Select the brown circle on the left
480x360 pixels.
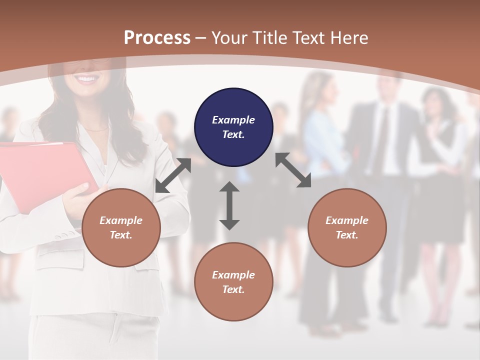coord(121,227)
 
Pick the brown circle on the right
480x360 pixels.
coord(347,227)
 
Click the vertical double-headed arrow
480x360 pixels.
coord(229,205)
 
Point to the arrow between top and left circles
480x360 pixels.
coord(173,175)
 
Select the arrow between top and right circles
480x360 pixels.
coord(293,170)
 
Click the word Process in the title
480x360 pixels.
coord(157,37)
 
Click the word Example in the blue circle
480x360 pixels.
coord(233,120)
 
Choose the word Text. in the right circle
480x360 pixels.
coord(347,235)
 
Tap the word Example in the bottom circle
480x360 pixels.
coord(233,275)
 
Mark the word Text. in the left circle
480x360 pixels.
coord(121,235)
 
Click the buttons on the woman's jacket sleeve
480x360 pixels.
coord(64,234)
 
